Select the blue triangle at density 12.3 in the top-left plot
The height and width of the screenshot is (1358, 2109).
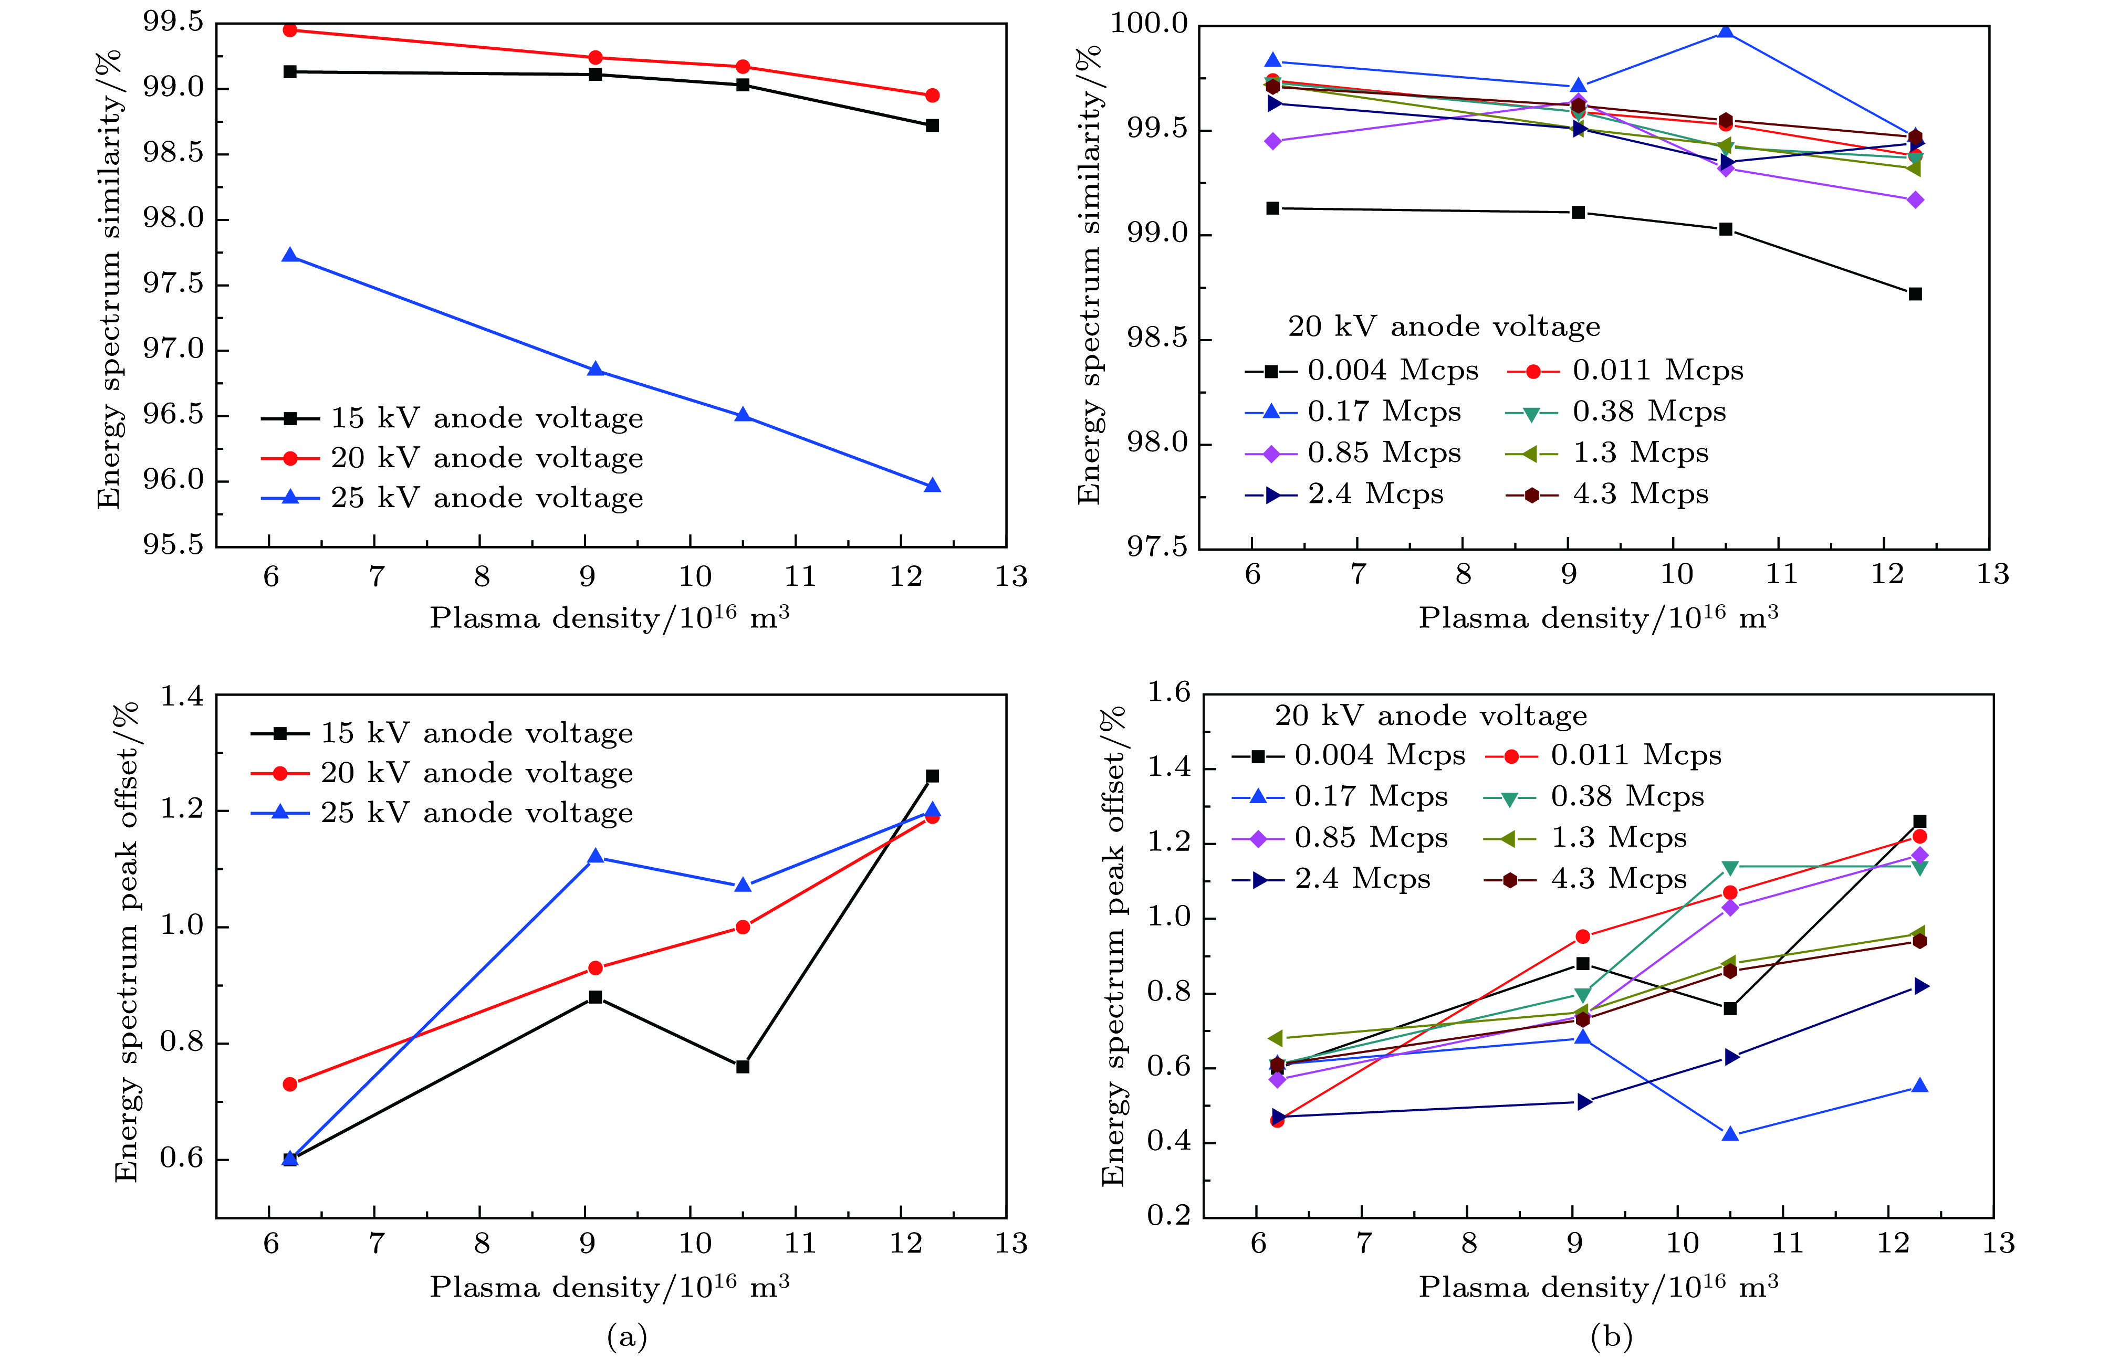tap(932, 486)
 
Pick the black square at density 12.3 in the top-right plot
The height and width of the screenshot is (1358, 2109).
tap(1915, 293)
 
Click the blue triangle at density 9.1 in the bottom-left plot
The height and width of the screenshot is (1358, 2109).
tap(596, 856)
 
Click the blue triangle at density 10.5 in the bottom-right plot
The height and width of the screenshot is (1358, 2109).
tap(1730, 1134)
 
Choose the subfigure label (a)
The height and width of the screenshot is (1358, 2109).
tap(627, 1337)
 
